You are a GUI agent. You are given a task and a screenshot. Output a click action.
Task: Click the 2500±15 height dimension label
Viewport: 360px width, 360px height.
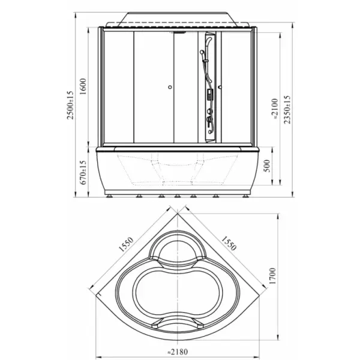point(70,105)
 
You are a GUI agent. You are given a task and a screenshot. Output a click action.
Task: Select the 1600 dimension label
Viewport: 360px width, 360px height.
point(83,86)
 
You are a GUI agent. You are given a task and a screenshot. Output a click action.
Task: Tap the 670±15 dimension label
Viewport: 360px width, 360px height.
point(83,172)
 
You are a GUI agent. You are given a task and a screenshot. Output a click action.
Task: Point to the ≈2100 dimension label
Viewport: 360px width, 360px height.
point(275,110)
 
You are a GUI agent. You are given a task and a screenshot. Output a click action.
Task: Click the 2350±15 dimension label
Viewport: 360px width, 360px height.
point(287,110)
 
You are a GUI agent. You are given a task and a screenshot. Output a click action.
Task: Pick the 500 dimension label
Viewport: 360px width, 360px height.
point(267,166)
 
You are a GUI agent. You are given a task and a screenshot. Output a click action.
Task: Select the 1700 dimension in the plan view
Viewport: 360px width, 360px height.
point(272,276)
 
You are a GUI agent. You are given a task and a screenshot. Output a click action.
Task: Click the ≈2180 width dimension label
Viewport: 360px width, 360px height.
point(178,352)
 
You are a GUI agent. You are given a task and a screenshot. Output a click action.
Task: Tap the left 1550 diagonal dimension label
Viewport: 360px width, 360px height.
point(126,244)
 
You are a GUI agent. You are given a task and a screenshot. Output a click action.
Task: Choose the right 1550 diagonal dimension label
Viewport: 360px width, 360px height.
point(229,244)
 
